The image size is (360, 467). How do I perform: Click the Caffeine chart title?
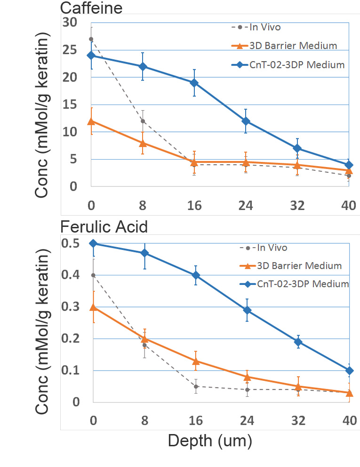point(91,8)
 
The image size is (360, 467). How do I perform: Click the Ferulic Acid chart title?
point(104,227)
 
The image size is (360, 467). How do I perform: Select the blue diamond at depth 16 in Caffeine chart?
point(194,83)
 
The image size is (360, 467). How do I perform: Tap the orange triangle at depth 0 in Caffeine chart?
point(91,121)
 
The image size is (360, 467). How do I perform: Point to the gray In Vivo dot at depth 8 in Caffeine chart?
point(143,121)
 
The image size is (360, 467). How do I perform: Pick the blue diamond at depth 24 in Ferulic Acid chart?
point(247,310)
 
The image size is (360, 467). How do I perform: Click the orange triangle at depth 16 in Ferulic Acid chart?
point(196,361)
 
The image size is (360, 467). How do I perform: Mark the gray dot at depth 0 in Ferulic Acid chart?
point(93,275)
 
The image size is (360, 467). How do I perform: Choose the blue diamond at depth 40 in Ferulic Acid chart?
point(350,371)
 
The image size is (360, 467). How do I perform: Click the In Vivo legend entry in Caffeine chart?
point(256,27)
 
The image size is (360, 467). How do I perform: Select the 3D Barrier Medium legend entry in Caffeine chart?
point(284,46)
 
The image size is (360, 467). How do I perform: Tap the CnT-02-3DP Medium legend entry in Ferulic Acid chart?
point(294,284)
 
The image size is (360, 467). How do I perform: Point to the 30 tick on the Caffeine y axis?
point(70,22)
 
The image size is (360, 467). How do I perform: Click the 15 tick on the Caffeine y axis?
point(70,105)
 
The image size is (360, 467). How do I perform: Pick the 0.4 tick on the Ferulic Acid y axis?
point(71,274)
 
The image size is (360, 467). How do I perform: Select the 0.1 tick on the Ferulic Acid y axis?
point(71,370)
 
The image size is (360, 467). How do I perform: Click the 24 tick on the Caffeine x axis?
point(246,206)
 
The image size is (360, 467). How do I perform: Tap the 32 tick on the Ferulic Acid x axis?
point(298,420)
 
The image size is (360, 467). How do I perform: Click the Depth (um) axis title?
point(210,441)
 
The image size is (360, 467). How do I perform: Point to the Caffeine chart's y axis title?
point(42,115)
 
